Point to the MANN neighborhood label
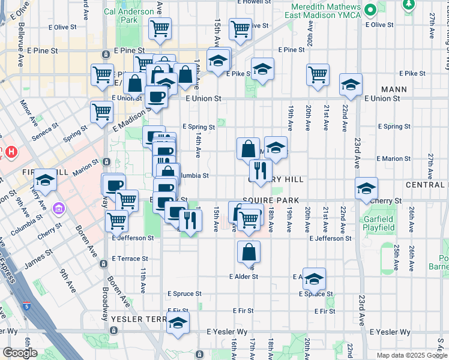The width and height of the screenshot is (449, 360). tap(393, 89)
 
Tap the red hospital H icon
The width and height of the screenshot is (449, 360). tap(10, 152)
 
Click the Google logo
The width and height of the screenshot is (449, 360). tap(19, 352)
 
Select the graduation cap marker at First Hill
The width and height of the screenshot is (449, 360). tap(44, 180)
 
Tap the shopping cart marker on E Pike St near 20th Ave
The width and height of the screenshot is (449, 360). tap(318, 75)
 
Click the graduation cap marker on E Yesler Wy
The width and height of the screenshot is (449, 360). tap(178, 322)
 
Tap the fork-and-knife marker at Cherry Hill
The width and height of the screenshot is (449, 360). tap(260, 171)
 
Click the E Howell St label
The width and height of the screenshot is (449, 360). tap(255, 2)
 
